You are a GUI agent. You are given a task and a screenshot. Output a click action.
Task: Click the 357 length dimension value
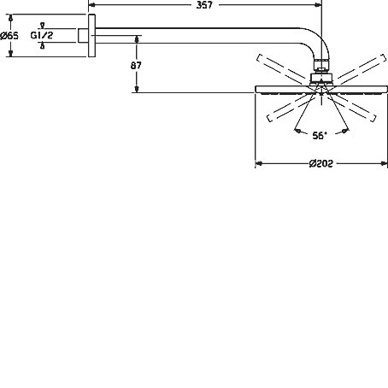(x=204, y=5)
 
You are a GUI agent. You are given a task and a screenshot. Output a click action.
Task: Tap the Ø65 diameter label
(x=9, y=36)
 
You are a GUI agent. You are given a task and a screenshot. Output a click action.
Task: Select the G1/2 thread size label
(x=42, y=35)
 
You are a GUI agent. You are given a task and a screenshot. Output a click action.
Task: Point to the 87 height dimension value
(x=136, y=66)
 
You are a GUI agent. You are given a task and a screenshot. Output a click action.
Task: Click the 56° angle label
(x=320, y=136)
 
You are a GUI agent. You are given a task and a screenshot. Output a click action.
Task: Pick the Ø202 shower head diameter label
(x=321, y=163)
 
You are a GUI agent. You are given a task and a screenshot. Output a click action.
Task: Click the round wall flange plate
(x=91, y=36)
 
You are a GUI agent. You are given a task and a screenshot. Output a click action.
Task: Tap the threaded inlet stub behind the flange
(x=83, y=36)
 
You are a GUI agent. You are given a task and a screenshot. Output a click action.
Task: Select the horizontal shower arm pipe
(x=197, y=36)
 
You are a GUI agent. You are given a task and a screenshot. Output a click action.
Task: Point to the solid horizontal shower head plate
(x=321, y=90)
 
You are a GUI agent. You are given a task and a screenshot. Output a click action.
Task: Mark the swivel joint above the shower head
(x=321, y=79)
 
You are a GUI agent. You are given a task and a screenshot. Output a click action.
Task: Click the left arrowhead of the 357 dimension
(x=91, y=4)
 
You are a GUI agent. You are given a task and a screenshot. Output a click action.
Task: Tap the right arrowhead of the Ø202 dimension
(x=385, y=163)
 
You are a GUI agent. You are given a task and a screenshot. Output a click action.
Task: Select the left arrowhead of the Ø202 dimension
(x=259, y=163)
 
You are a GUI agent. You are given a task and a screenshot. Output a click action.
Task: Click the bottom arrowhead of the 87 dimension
(x=137, y=89)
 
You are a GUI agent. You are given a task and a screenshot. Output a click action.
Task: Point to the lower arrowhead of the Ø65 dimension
(x=10, y=53)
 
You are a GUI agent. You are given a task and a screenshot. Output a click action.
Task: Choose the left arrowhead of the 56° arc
(x=297, y=131)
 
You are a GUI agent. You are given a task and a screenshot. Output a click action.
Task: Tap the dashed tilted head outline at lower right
(x=352, y=108)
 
